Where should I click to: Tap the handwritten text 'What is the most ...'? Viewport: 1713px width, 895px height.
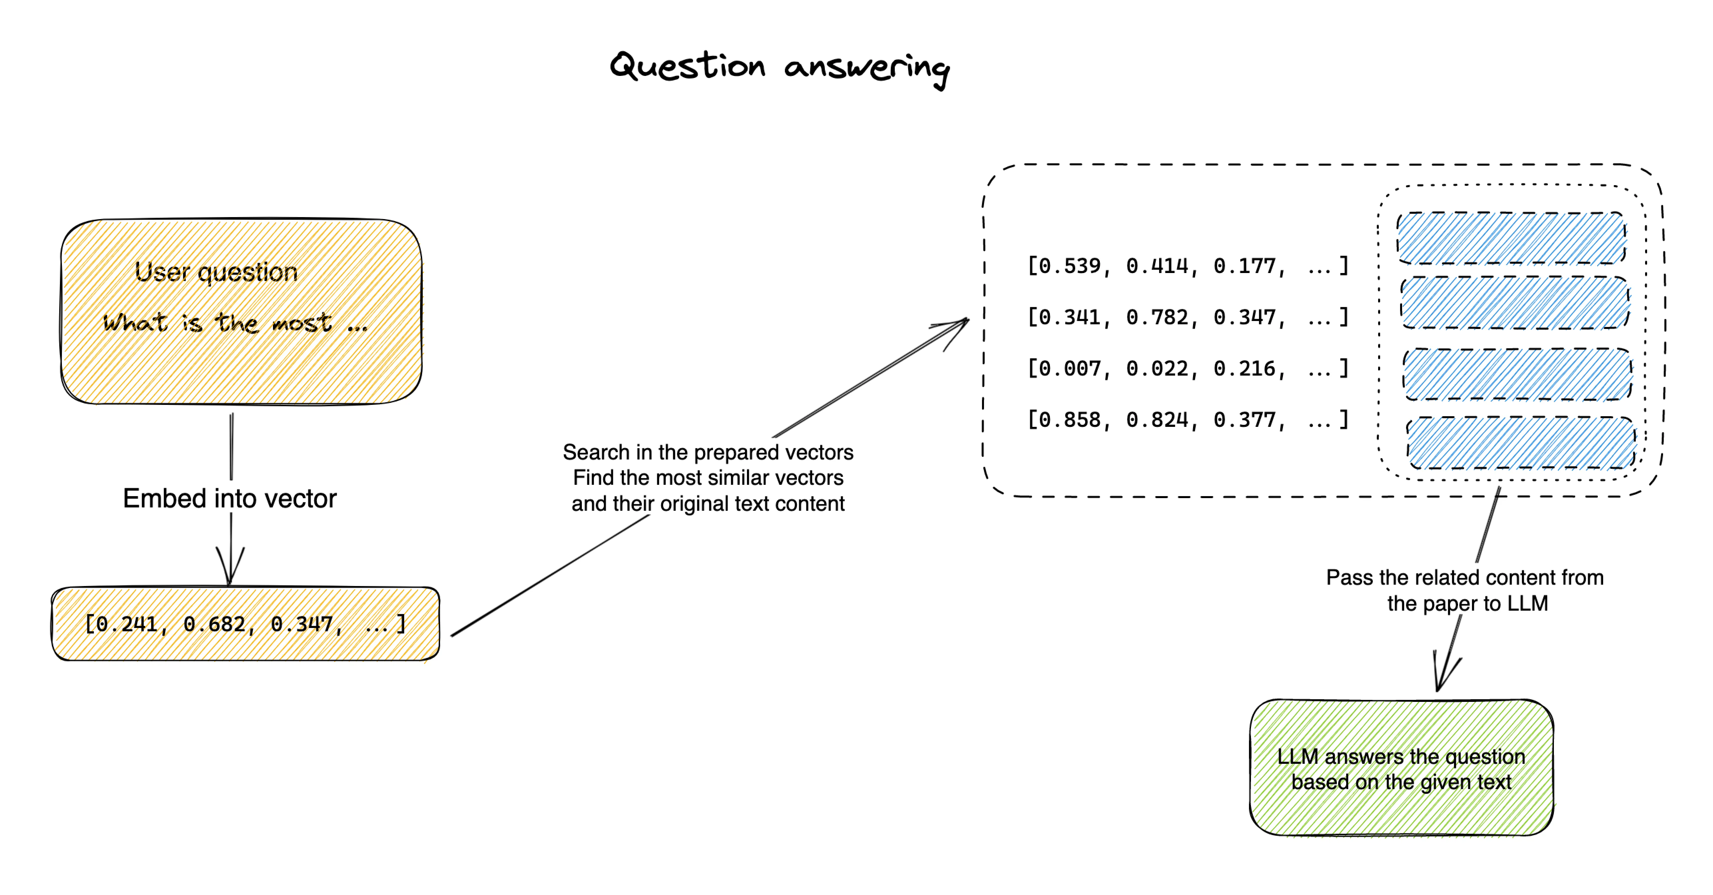point(234,323)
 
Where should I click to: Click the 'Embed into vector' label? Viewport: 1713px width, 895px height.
point(229,498)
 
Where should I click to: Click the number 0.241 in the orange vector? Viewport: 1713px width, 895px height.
point(126,624)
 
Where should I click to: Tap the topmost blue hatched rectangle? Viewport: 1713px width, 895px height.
point(1511,238)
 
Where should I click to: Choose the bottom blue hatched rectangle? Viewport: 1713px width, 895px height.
point(1521,443)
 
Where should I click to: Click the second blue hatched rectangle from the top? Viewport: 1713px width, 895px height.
point(1515,303)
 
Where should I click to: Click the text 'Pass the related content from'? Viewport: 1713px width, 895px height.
point(1465,577)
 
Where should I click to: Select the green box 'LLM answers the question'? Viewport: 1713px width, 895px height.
point(1401,768)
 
